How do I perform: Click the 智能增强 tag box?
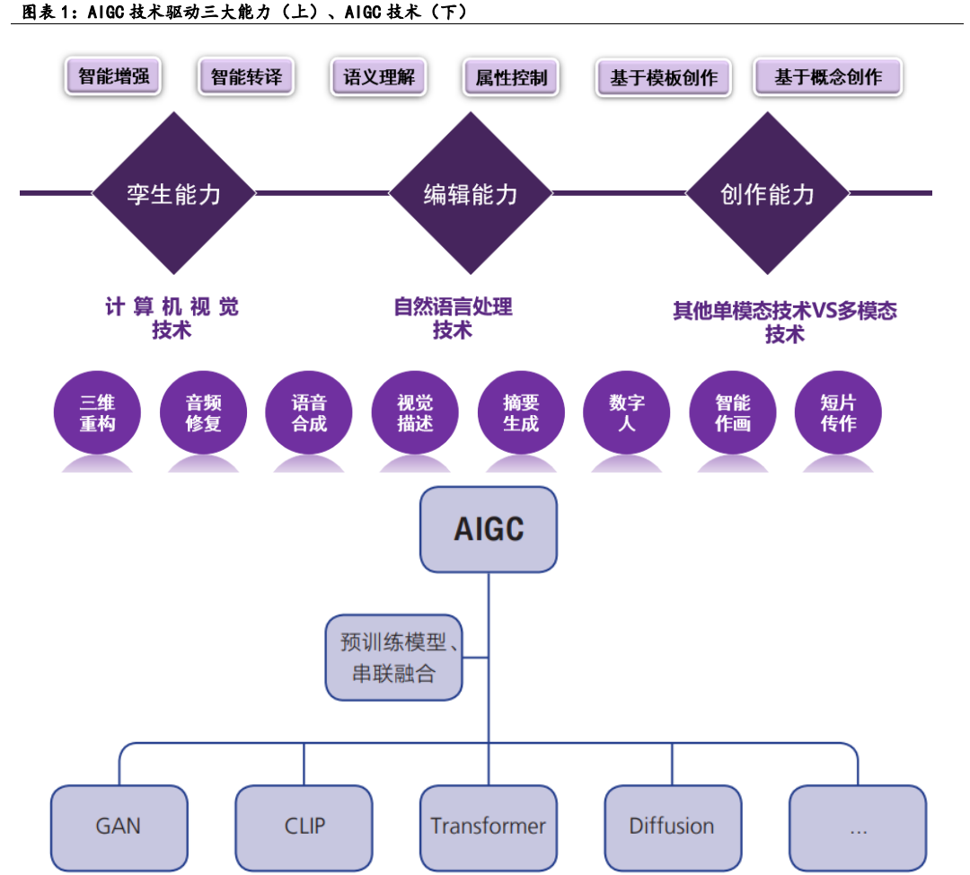[113, 76]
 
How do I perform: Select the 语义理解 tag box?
[378, 77]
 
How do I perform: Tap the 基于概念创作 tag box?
[827, 78]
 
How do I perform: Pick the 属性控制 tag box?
[511, 78]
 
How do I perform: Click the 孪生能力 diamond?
[173, 193]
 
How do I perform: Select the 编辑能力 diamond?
[470, 193]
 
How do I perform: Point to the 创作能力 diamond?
[767, 193]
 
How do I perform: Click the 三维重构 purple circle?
[97, 413]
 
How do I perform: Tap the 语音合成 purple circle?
[309, 413]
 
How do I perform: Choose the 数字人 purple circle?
[627, 413]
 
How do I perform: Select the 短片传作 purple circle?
[838, 413]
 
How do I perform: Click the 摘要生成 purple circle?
[521, 413]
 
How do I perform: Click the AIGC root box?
[489, 529]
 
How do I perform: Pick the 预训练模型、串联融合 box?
[393, 658]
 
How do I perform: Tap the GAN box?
[119, 826]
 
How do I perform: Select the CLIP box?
[304, 826]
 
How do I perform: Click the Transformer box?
[488, 826]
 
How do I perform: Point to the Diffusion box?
[672, 826]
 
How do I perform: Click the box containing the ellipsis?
[857, 826]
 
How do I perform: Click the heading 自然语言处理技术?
[453, 318]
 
